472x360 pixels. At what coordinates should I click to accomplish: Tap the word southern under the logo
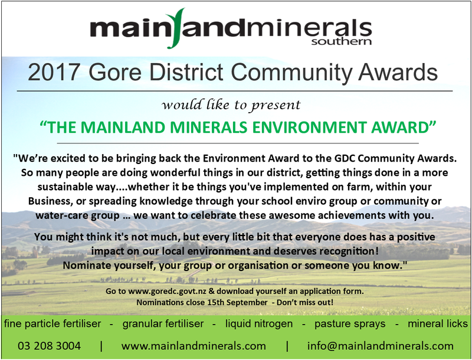[x=342, y=41]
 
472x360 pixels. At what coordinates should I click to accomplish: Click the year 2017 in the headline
[x=54, y=72]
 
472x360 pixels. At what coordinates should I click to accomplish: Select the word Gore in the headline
[x=115, y=72]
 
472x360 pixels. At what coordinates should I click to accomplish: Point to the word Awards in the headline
[x=398, y=72]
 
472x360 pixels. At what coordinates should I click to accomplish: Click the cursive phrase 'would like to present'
[x=231, y=104]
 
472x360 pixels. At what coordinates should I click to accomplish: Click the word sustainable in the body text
[x=64, y=186]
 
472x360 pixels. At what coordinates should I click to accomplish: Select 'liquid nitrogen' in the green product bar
[x=259, y=323]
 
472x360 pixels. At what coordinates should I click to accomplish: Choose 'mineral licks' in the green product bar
[x=438, y=323]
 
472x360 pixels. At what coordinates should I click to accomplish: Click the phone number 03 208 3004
[x=49, y=346]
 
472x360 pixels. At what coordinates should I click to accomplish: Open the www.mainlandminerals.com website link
[x=194, y=346]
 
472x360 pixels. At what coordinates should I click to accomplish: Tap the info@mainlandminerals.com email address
[x=380, y=346]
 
